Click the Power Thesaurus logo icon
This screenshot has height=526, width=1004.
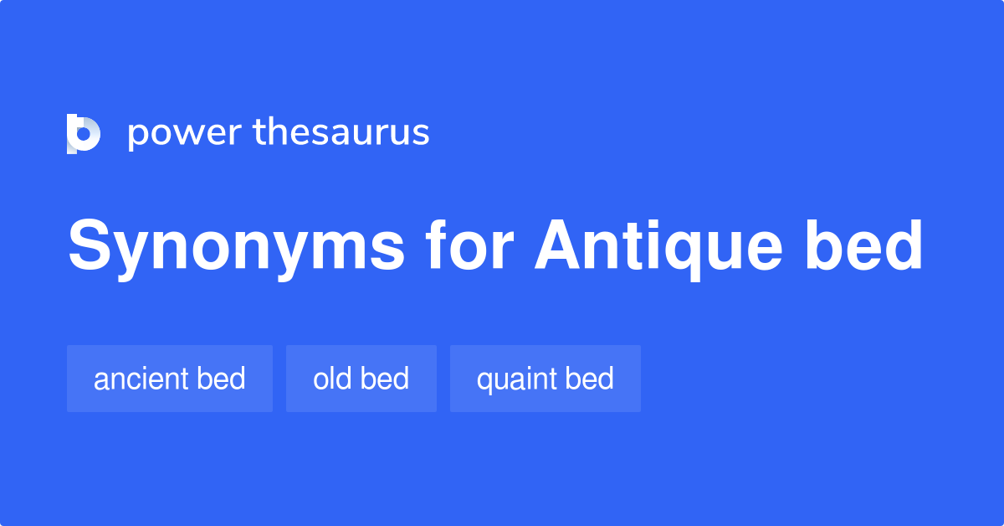pyautogui.click(x=83, y=133)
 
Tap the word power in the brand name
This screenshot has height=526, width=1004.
pyautogui.click(x=183, y=133)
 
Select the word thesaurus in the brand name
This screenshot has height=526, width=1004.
pyautogui.click(x=342, y=133)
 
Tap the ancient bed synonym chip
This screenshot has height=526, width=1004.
pyautogui.click(x=170, y=379)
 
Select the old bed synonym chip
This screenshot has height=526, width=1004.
pyautogui.click(x=361, y=379)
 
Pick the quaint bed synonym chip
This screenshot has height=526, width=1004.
pyautogui.click(x=545, y=379)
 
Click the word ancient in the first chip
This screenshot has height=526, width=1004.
pyautogui.click(x=141, y=379)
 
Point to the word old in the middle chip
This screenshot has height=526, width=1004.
pyautogui.click(x=330, y=379)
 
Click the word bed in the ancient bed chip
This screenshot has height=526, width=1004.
pyautogui.click(x=222, y=379)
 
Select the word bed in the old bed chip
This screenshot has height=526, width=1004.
pyautogui.click(x=385, y=379)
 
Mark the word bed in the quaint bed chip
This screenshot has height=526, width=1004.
pyautogui.click(x=590, y=379)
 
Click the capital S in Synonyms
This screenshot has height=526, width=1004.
pyautogui.click(x=89, y=247)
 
